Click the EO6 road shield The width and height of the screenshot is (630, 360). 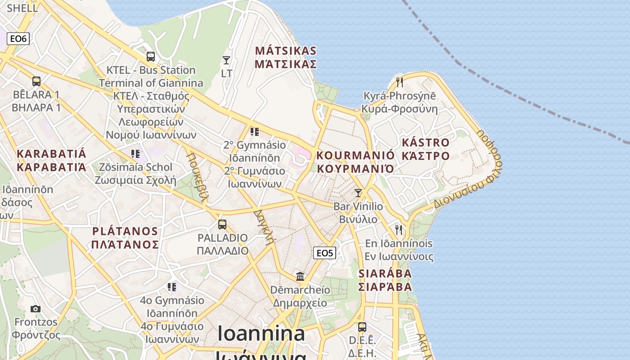pyautogui.click(x=18, y=39)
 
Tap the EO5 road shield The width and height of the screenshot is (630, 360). pyautogui.click(x=324, y=253)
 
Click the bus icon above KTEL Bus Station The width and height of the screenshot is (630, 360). pyautogui.click(x=151, y=57)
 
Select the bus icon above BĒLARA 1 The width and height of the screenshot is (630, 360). pyautogui.click(x=36, y=81)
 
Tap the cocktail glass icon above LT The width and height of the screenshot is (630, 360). pyautogui.click(x=226, y=60)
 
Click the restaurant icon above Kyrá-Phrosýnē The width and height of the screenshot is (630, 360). pyautogui.click(x=399, y=82)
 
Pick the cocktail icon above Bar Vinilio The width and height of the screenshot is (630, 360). pyautogui.click(x=358, y=193)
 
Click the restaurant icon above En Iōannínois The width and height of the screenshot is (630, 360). pyautogui.click(x=399, y=229)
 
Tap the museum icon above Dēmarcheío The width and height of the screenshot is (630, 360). pyautogui.click(x=300, y=276)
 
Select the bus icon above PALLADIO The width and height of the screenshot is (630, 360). pyautogui.click(x=222, y=224)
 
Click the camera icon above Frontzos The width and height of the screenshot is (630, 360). pyautogui.click(x=36, y=309)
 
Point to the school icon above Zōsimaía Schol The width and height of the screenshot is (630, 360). pyautogui.click(x=135, y=154)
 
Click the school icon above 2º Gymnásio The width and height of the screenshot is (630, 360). pyautogui.click(x=255, y=132)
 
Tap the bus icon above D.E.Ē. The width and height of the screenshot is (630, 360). pyautogui.click(x=362, y=327)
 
